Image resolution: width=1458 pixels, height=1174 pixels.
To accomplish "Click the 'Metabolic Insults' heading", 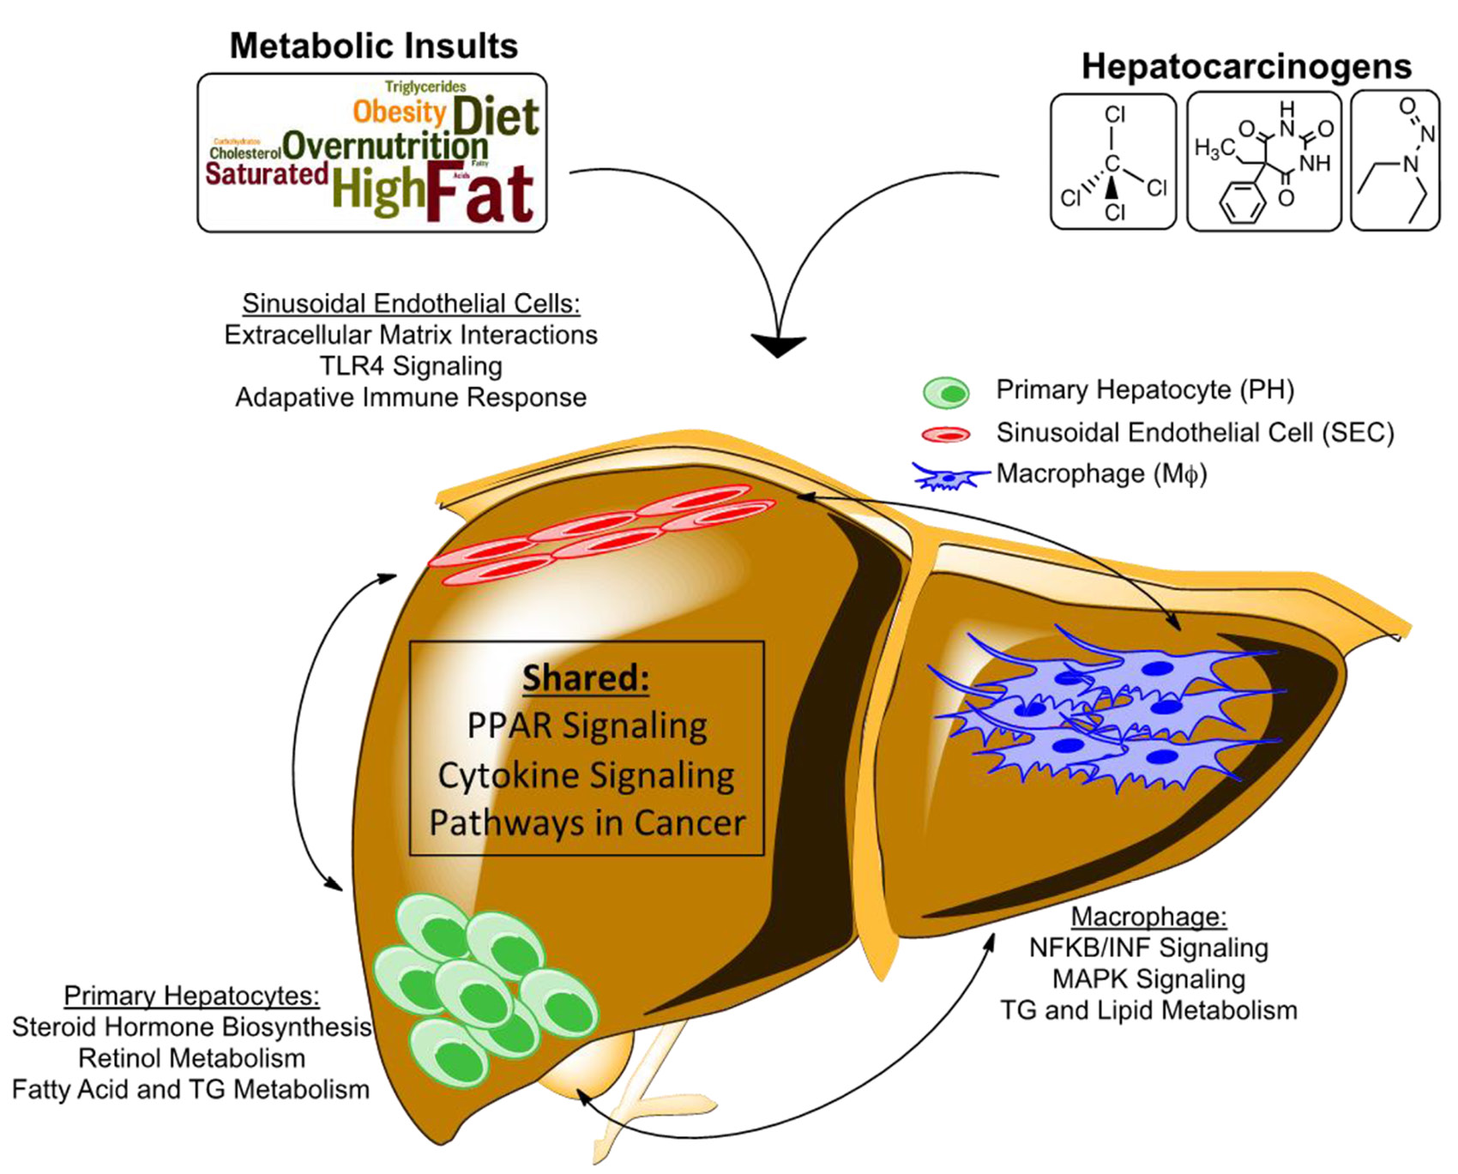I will coord(373,46).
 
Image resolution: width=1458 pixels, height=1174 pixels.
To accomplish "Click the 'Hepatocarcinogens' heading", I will coord(1246,67).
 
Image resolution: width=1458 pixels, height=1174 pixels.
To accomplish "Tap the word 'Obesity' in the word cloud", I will coord(399,111).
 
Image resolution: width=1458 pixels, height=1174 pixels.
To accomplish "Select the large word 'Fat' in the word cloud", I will coord(480,194).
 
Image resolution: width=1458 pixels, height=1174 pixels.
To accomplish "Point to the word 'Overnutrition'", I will coord(385,146).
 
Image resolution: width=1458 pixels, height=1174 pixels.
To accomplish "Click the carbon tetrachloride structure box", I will coord(1113,162).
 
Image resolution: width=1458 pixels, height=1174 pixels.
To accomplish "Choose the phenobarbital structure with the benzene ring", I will coord(1263,162).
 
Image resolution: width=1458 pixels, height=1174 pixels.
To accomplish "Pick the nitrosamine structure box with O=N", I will coord(1395,160).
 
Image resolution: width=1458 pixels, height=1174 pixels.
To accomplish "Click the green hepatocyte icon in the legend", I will coord(946,393).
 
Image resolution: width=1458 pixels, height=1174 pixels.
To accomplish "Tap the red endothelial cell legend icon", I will coord(946,434).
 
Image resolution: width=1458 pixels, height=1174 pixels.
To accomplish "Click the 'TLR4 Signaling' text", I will coord(411,366).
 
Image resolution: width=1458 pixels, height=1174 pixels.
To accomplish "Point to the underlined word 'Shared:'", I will coord(587,677).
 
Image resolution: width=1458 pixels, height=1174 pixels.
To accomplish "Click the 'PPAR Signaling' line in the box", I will coord(587,725).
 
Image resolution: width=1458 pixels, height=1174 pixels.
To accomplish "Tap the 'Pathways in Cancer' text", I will coord(587,823).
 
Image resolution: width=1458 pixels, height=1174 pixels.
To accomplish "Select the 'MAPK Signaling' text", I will coord(1148,978).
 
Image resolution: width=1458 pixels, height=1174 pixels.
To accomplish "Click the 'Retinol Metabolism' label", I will coord(191,1058).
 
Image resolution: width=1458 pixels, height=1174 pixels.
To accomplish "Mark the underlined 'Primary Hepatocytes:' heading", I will coord(191,996).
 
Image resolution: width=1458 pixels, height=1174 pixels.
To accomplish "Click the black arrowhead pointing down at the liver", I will coord(778,345).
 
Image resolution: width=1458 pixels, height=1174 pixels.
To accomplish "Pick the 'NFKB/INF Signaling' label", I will coord(1148,948).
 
